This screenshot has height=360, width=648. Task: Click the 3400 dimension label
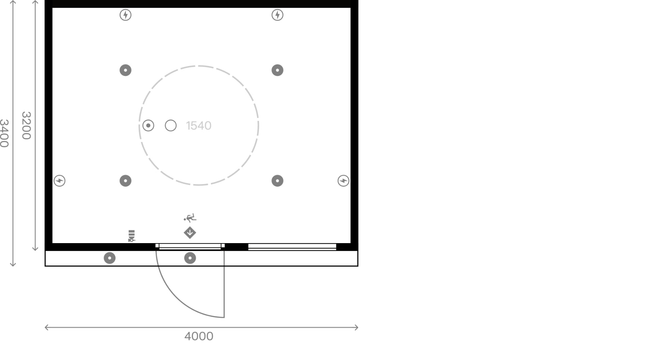click(x=4, y=133)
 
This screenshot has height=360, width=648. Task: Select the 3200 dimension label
click(x=26, y=125)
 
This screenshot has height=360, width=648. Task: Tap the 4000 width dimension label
click(x=199, y=336)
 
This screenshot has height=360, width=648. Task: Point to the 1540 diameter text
click(x=199, y=126)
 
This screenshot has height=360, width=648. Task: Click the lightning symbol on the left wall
click(x=59, y=181)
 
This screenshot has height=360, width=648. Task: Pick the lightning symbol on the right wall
click(x=343, y=181)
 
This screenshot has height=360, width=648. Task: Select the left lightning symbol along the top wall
click(x=125, y=15)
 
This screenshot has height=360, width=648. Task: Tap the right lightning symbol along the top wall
click(x=277, y=15)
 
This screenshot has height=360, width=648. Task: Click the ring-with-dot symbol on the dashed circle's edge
click(x=148, y=126)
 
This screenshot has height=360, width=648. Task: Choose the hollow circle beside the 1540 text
click(x=171, y=126)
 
